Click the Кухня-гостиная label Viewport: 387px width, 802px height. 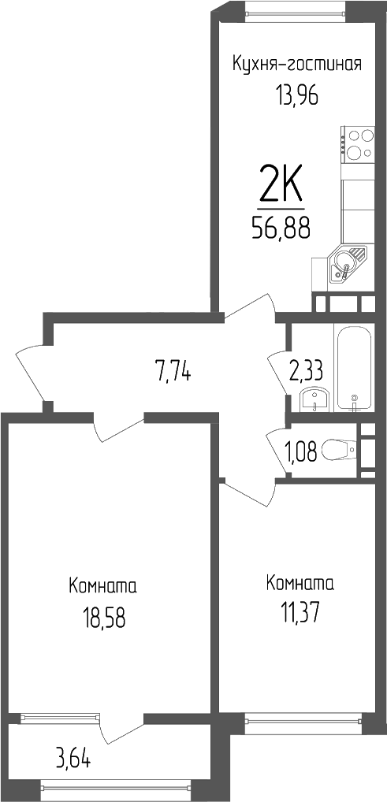point(296,64)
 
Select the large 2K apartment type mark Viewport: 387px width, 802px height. point(281,187)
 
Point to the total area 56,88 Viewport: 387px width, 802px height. point(281,228)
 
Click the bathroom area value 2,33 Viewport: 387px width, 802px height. point(307,369)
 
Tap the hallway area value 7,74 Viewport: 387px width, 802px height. point(174,369)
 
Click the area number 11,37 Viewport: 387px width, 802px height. point(300,612)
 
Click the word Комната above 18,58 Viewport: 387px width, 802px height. point(103,587)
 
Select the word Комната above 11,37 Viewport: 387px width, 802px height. point(300,584)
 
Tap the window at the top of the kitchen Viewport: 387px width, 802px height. point(295,9)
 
